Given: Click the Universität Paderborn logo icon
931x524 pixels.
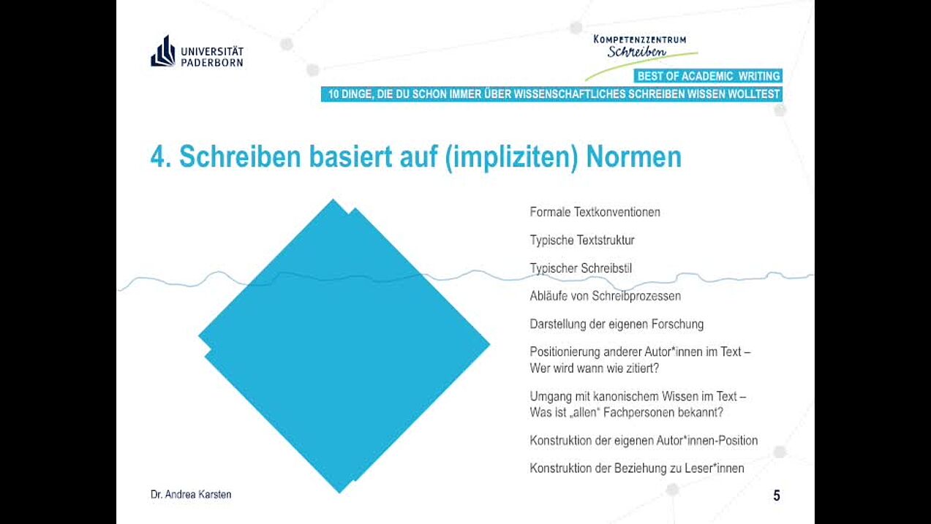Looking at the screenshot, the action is (163, 51).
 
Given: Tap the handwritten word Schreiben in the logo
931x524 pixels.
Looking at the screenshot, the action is (636, 51).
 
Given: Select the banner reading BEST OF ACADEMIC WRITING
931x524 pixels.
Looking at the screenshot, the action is (708, 76).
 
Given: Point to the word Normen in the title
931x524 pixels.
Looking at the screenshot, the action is (634, 156).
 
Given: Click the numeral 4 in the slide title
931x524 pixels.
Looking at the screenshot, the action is (158, 157).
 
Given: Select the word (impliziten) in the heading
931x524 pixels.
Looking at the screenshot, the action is (511, 158).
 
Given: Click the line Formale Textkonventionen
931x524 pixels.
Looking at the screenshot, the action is (595, 212).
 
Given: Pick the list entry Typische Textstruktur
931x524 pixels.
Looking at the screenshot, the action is (582, 240).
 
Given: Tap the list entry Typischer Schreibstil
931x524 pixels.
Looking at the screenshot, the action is (581, 268).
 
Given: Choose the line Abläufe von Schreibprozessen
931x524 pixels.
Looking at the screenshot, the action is (605, 296).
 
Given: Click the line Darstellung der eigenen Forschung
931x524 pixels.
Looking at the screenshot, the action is (617, 324).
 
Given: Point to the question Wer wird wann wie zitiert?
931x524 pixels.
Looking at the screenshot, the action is (594, 368).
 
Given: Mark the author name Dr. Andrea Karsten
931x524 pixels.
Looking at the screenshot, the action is (191, 495).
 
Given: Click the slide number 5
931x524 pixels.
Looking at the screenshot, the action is (777, 495).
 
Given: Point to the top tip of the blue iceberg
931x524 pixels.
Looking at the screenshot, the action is (333, 200).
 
